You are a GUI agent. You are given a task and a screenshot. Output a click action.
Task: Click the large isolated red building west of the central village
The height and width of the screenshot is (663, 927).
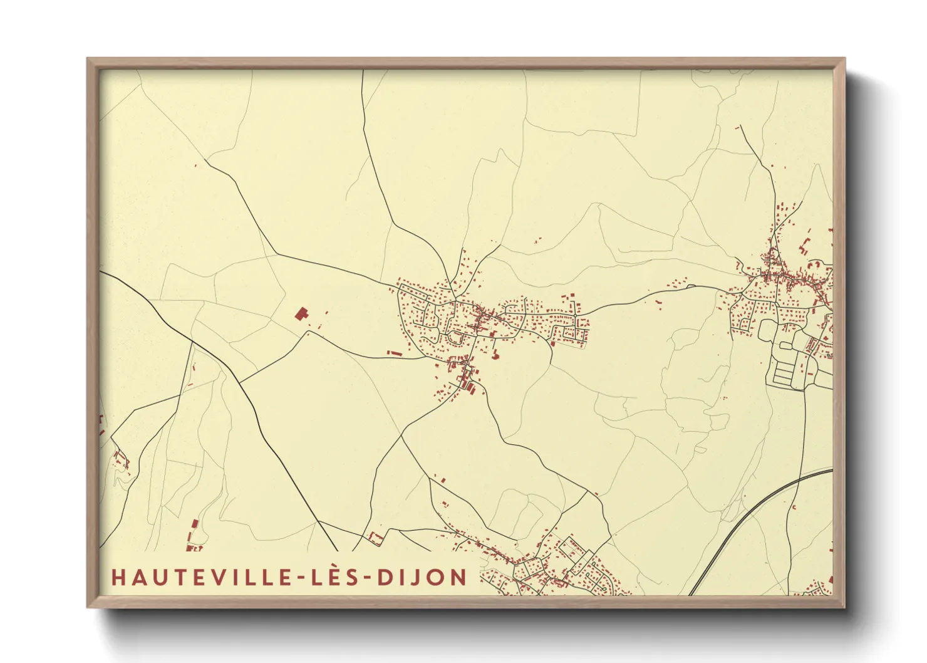click(302, 313)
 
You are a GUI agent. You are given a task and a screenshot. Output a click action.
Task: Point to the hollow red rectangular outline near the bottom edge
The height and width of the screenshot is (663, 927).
click(376, 537)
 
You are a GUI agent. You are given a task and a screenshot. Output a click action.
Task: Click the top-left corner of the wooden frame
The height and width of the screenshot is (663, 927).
click(88, 59)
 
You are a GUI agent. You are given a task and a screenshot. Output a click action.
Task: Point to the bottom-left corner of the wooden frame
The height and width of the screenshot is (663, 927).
click(88, 607)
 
